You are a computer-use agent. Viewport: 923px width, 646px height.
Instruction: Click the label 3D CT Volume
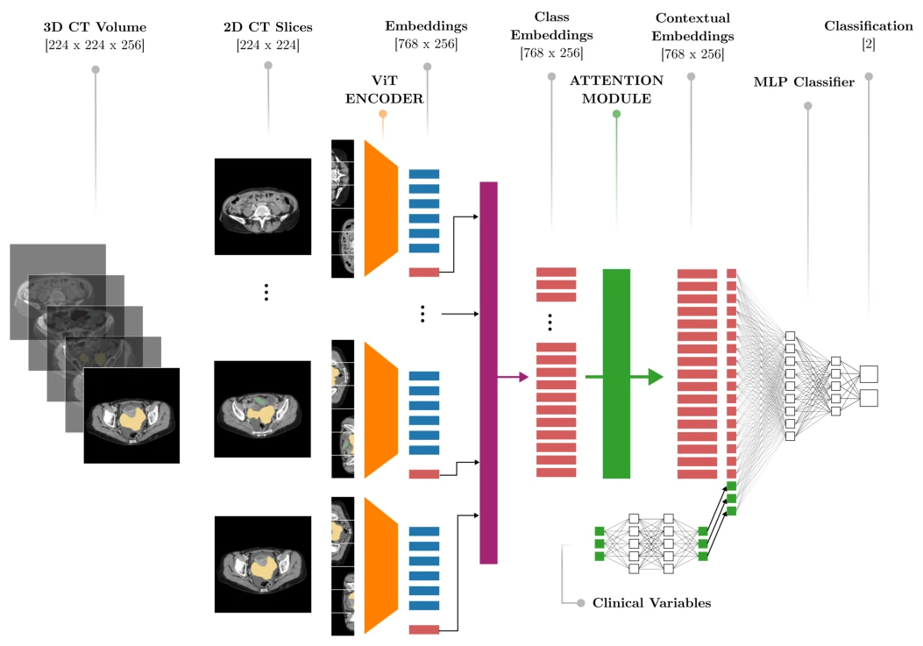(x=95, y=27)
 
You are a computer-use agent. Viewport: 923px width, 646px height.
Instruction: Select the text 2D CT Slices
(x=268, y=27)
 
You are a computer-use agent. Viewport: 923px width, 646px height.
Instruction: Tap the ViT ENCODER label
(x=384, y=89)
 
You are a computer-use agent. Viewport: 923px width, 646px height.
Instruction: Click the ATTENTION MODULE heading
(x=616, y=89)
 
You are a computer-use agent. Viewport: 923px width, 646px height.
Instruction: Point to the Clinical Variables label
(x=651, y=603)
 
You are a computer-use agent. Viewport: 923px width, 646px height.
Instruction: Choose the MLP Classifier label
(x=804, y=82)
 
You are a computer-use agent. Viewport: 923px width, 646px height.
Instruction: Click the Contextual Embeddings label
(x=692, y=27)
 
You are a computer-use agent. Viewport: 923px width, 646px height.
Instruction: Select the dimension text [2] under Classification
(x=869, y=44)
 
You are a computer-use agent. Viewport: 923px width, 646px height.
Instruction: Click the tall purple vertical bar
(x=488, y=373)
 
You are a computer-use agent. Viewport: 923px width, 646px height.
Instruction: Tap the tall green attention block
(x=616, y=374)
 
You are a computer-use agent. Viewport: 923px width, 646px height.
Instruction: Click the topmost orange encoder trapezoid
(x=380, y=208)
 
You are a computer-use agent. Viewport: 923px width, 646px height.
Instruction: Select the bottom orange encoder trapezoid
(x=380, y=566)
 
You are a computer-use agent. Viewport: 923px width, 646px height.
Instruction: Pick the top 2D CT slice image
(x=263, y=207)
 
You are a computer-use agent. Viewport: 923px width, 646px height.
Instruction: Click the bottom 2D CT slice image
(x=263, y=564)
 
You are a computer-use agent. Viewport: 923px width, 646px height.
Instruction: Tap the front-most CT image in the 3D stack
(x=131, y=415)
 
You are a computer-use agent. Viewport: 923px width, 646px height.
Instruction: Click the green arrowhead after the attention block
(x=656, y=377)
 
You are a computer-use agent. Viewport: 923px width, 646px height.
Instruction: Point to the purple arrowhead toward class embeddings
(x=523, y=377)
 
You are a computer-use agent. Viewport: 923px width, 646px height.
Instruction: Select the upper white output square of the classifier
(x=869, y=374)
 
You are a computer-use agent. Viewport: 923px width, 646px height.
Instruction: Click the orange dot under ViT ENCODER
(x=383, y=114)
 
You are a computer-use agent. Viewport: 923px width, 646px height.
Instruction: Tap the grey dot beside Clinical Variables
(x=581, y=603)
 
